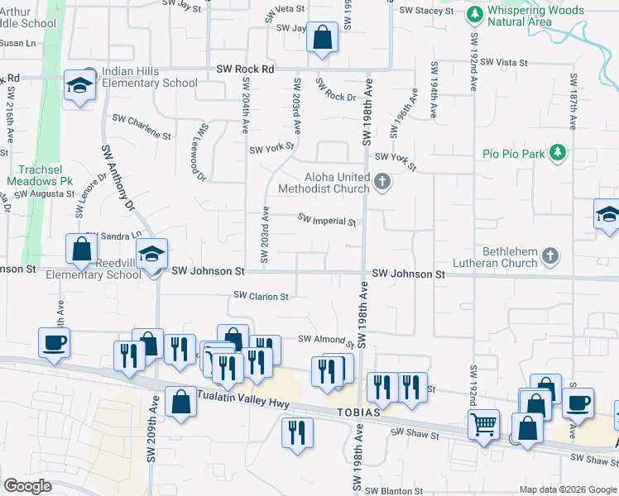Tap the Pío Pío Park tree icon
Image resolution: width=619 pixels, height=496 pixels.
tap(559, 153)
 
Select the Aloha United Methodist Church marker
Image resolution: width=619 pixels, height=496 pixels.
tap(381, 181)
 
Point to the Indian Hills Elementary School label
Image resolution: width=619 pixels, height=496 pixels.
tap(150, 78)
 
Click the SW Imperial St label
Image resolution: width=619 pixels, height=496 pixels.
tap(327, 221)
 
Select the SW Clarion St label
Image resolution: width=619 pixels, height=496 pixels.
tap(262, 296)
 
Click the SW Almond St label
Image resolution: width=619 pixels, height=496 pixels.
tap(325, 340)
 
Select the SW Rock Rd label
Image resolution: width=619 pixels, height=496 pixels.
tap(245, 69)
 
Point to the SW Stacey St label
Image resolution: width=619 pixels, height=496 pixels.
tap(426, 11)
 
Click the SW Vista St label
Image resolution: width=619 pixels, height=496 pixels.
tap(503, 62)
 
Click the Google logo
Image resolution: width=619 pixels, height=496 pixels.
tap(28, 486)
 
